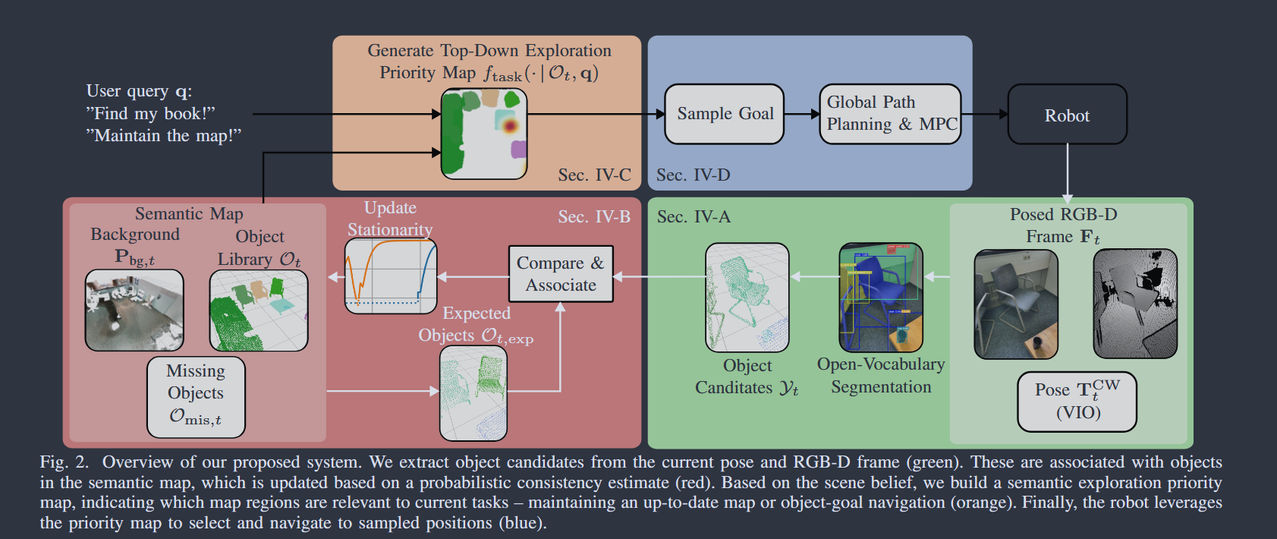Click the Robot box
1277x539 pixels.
click(1066, 115)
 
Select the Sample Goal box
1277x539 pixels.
click(724, 114)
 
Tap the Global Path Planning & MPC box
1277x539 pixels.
click(890, 114)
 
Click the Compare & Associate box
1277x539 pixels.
click(561, 274)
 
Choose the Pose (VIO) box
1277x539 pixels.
click(1077, 401)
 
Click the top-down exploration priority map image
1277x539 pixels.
click(484, 134)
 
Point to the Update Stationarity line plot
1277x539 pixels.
click(391, 276)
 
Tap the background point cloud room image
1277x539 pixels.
click(134, 310)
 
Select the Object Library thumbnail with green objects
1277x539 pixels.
click(259, 310)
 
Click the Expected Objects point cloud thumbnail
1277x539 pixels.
click(473, 392)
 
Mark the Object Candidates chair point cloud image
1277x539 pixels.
click(747, 297)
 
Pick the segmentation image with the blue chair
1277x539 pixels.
click(881, 297)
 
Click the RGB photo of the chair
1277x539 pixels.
click(1015, 304)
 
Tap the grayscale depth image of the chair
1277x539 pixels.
click(1134, 304)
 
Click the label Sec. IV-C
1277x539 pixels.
click(594, 175)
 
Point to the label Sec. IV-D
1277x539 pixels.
click(693, 175)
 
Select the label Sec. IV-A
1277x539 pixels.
click(694, 217)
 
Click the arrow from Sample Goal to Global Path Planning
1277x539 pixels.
click(801, 115)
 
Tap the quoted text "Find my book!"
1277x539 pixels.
click(151, 114)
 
